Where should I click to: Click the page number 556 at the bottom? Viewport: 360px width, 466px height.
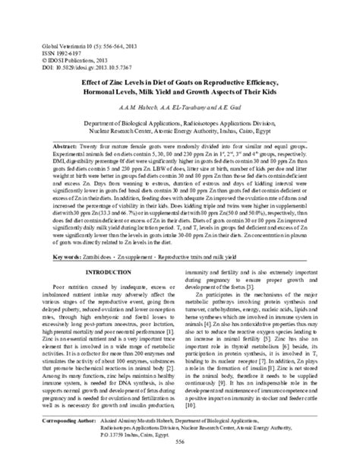click(x=181, y=455)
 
